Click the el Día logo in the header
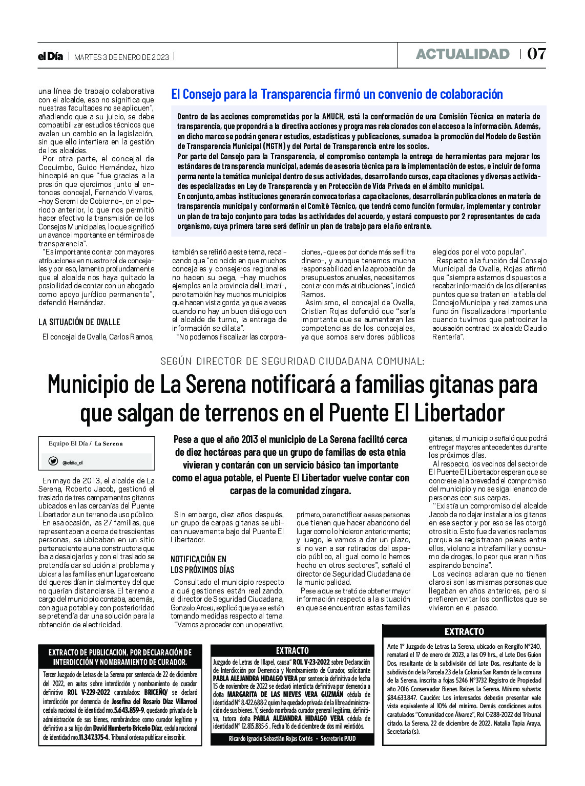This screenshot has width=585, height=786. [x=50, y=56]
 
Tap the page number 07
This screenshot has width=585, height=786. [x=536, y=54]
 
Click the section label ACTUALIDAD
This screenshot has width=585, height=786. [x=463, y=54]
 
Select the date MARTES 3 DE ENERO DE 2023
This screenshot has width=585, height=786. [x=121, y=57]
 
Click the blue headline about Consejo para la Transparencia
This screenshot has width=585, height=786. [x=337, y=94]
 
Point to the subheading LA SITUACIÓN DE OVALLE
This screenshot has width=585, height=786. [x=79, y=322]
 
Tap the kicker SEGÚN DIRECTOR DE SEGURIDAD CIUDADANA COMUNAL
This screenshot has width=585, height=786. [x=292, y=361]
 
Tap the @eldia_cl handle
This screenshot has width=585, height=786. [x=72, y=462]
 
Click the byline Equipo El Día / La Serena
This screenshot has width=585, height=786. [x=86, y=443]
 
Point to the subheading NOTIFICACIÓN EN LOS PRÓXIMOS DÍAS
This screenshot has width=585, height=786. [x=202, y=564]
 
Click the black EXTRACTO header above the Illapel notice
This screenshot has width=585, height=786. [x=292, y=650]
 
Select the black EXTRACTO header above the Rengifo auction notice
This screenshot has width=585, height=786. [x=464, y=631]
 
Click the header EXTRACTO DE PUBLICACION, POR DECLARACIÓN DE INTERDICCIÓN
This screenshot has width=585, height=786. [x=120, y=657]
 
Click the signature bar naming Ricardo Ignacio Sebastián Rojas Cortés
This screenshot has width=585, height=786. [x=292, y=738]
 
